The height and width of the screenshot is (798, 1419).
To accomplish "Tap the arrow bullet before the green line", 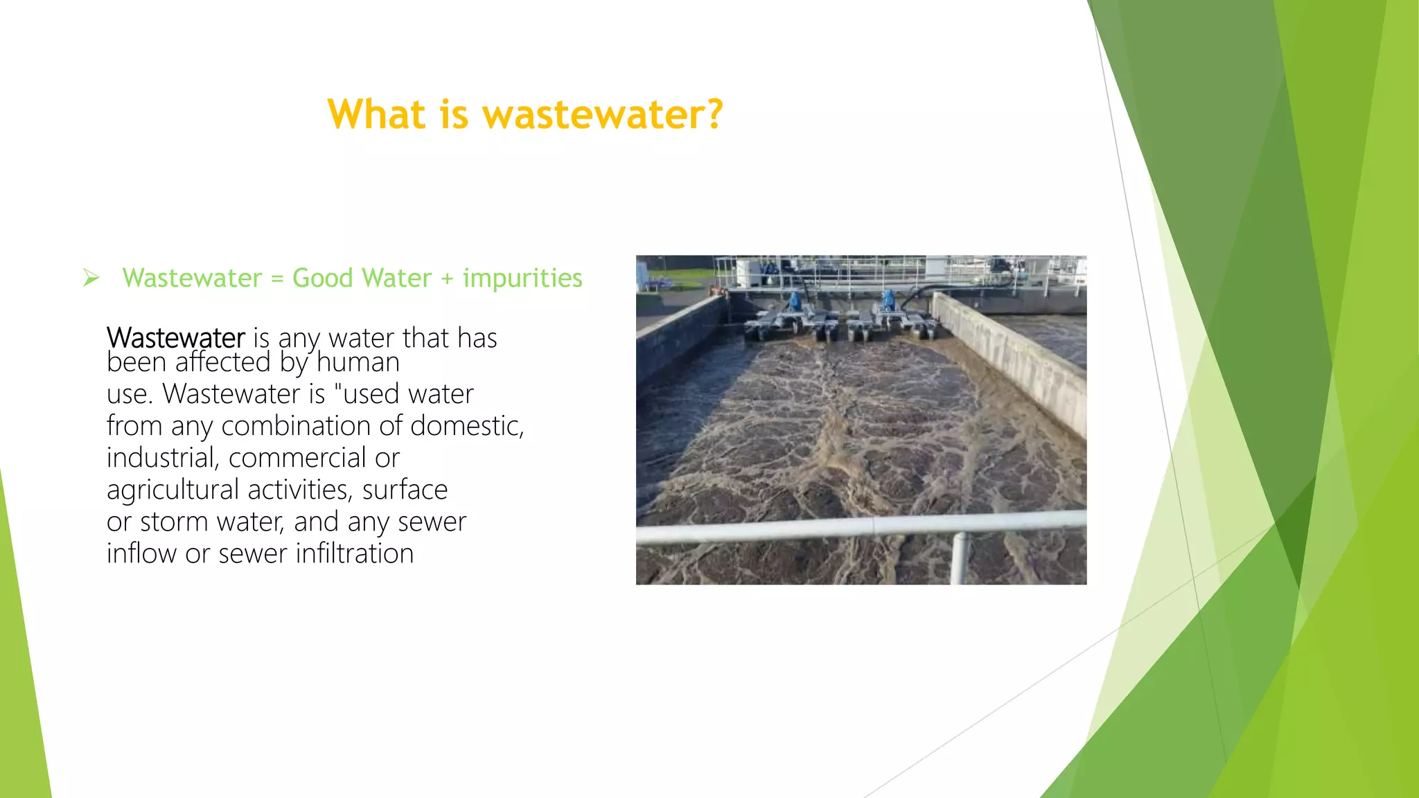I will click(91, 278).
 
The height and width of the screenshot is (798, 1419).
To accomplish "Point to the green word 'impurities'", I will click(522, 278).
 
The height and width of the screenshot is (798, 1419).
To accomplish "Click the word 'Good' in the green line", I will click(323, 278).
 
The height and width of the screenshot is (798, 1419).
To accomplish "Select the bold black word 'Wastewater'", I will click(176, 338).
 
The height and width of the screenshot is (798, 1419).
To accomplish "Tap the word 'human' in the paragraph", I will click(358, 362).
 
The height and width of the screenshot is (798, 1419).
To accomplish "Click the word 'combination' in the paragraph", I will click(311, 425).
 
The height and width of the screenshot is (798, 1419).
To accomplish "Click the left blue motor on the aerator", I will click(795, 301).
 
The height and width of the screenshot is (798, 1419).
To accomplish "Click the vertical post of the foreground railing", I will click(959, 558).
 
